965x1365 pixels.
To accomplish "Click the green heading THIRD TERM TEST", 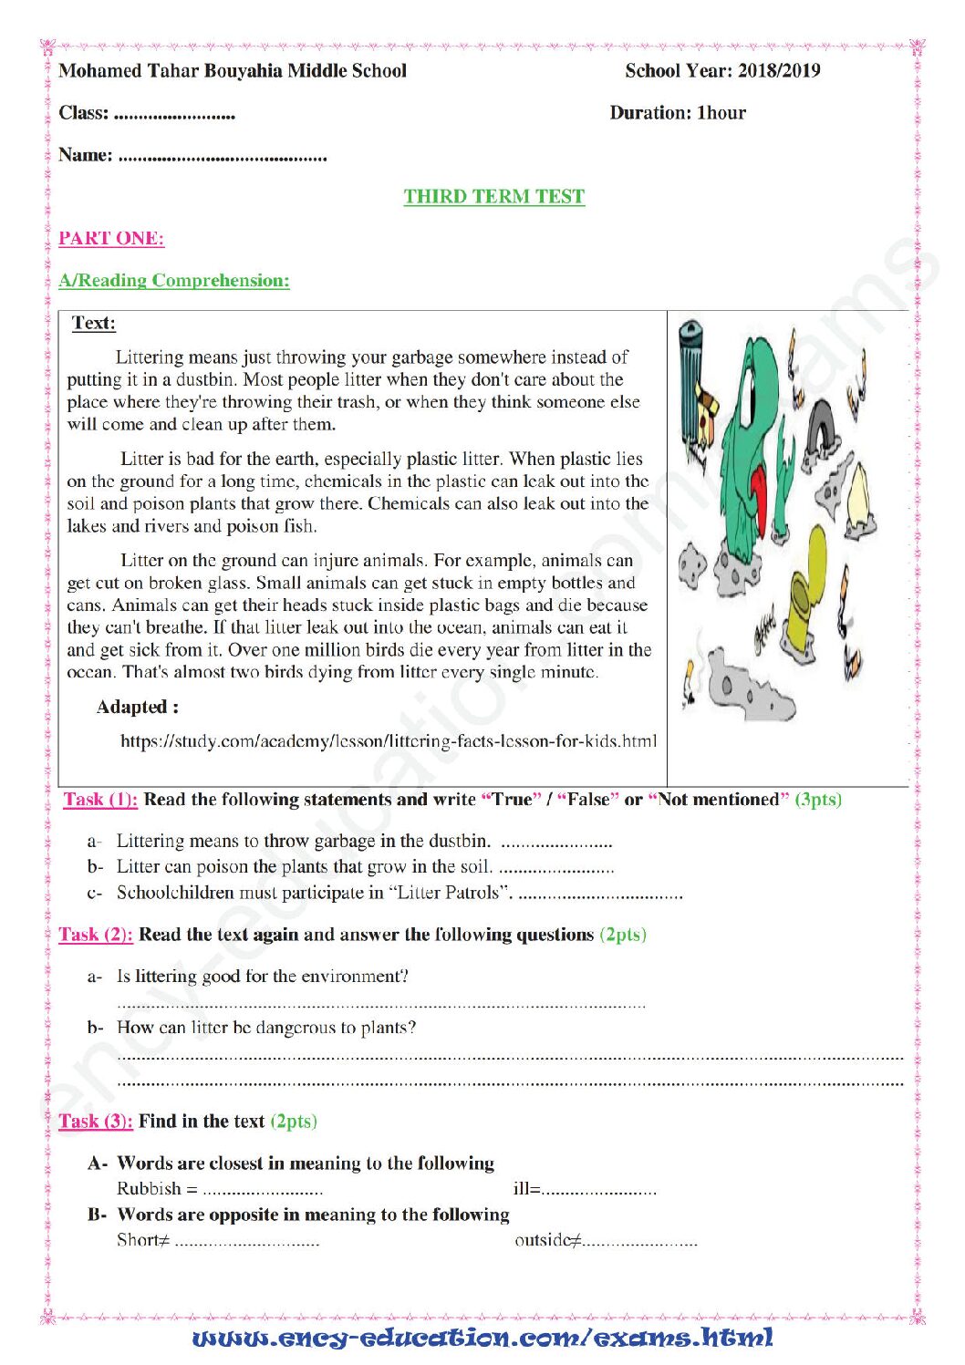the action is point(493,196).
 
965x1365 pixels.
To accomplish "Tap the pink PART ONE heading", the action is point(111,238).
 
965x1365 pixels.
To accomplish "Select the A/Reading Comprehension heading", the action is point(174,280).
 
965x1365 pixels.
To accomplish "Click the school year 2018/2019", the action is point(779,71).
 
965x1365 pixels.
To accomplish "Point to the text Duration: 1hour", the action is point(678,113).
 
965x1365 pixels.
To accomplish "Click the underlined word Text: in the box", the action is point(94,323).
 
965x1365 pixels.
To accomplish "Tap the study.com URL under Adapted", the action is point(389,741).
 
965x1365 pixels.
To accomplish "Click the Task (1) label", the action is point(101,799).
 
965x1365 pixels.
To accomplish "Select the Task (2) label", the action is point(96,935).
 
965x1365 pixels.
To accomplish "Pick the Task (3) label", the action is point(96,1121).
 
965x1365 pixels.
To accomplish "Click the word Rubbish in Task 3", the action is point(150,1188).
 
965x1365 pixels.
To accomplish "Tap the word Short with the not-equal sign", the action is point(143,1239).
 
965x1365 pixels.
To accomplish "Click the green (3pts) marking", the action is point(818,799).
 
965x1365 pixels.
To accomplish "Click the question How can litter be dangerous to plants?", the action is point(266,1027).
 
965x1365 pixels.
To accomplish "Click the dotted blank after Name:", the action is point(223,159).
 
